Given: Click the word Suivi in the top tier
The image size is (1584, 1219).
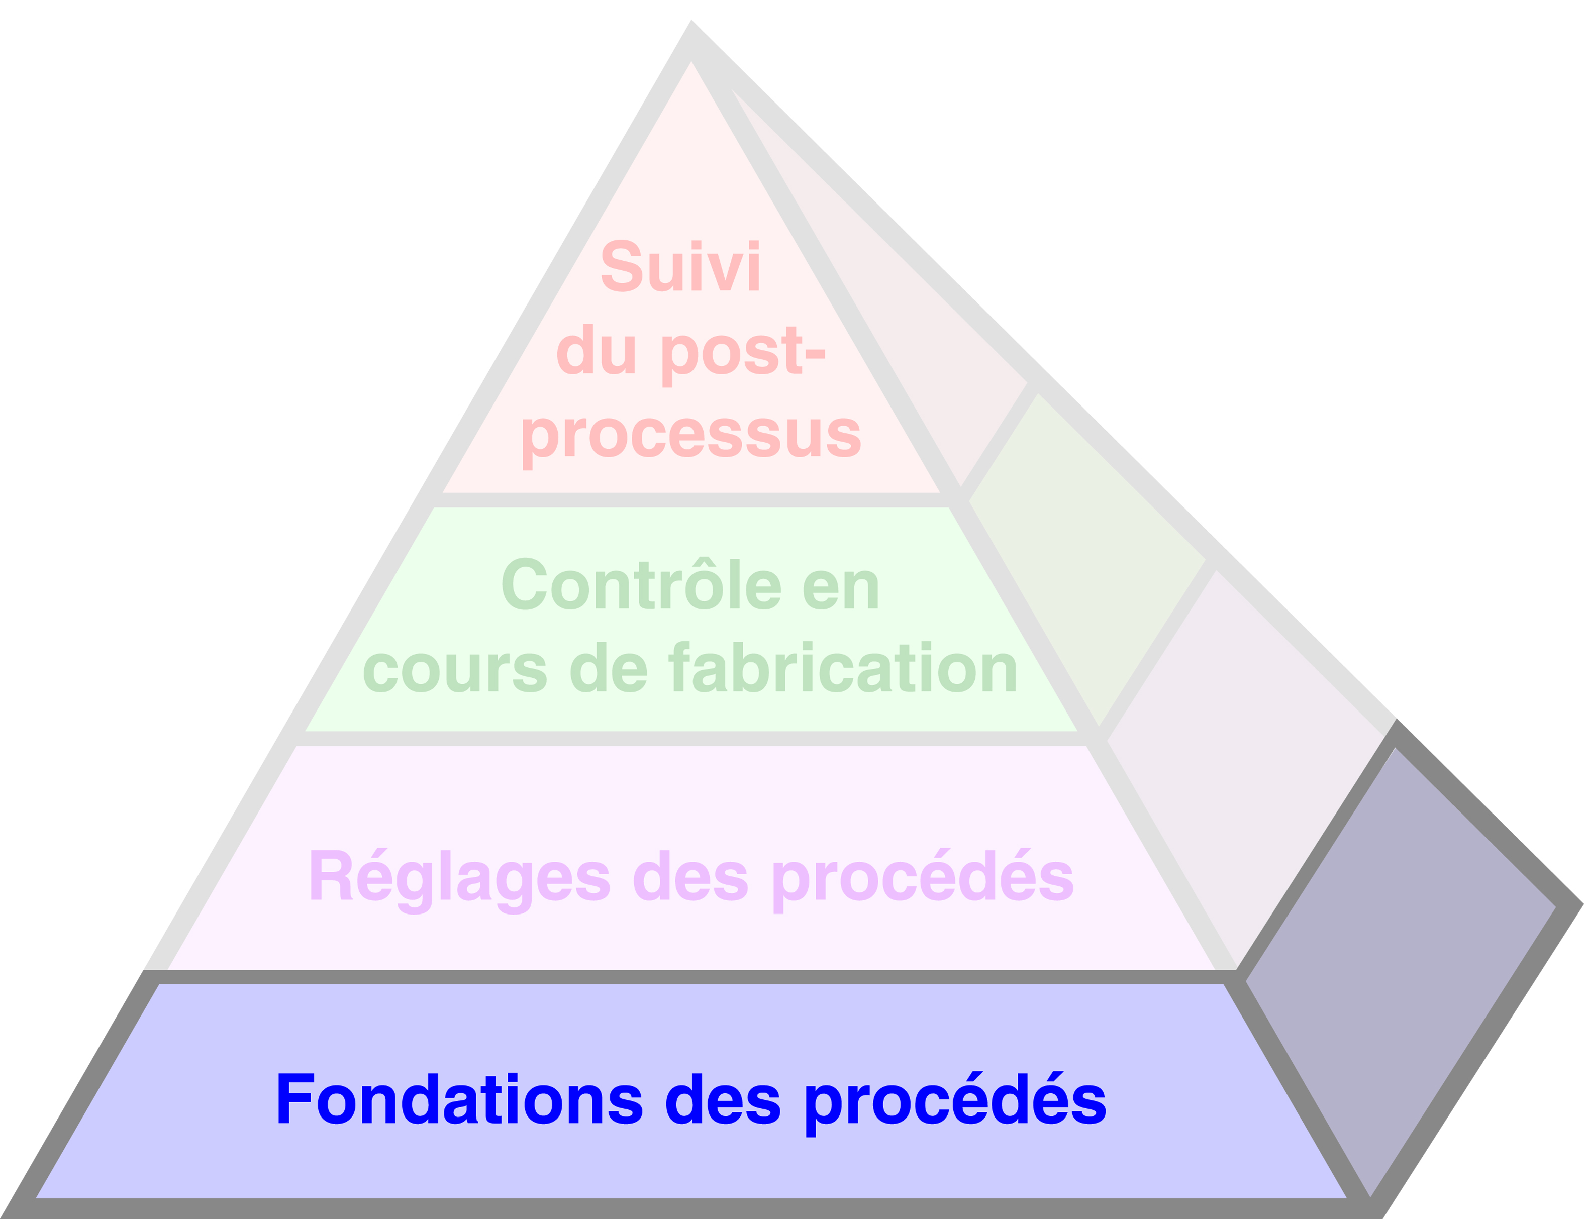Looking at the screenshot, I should click(680, 266).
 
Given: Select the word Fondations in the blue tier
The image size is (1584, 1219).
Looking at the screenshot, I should click(459, 1099).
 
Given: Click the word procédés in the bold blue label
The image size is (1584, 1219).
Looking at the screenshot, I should click(955, 1099).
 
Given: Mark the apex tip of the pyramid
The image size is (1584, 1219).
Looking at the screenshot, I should click(691, 23).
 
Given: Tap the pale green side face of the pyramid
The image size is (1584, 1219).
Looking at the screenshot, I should click(1088, 558).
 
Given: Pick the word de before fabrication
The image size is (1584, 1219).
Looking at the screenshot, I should click(608, 668).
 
